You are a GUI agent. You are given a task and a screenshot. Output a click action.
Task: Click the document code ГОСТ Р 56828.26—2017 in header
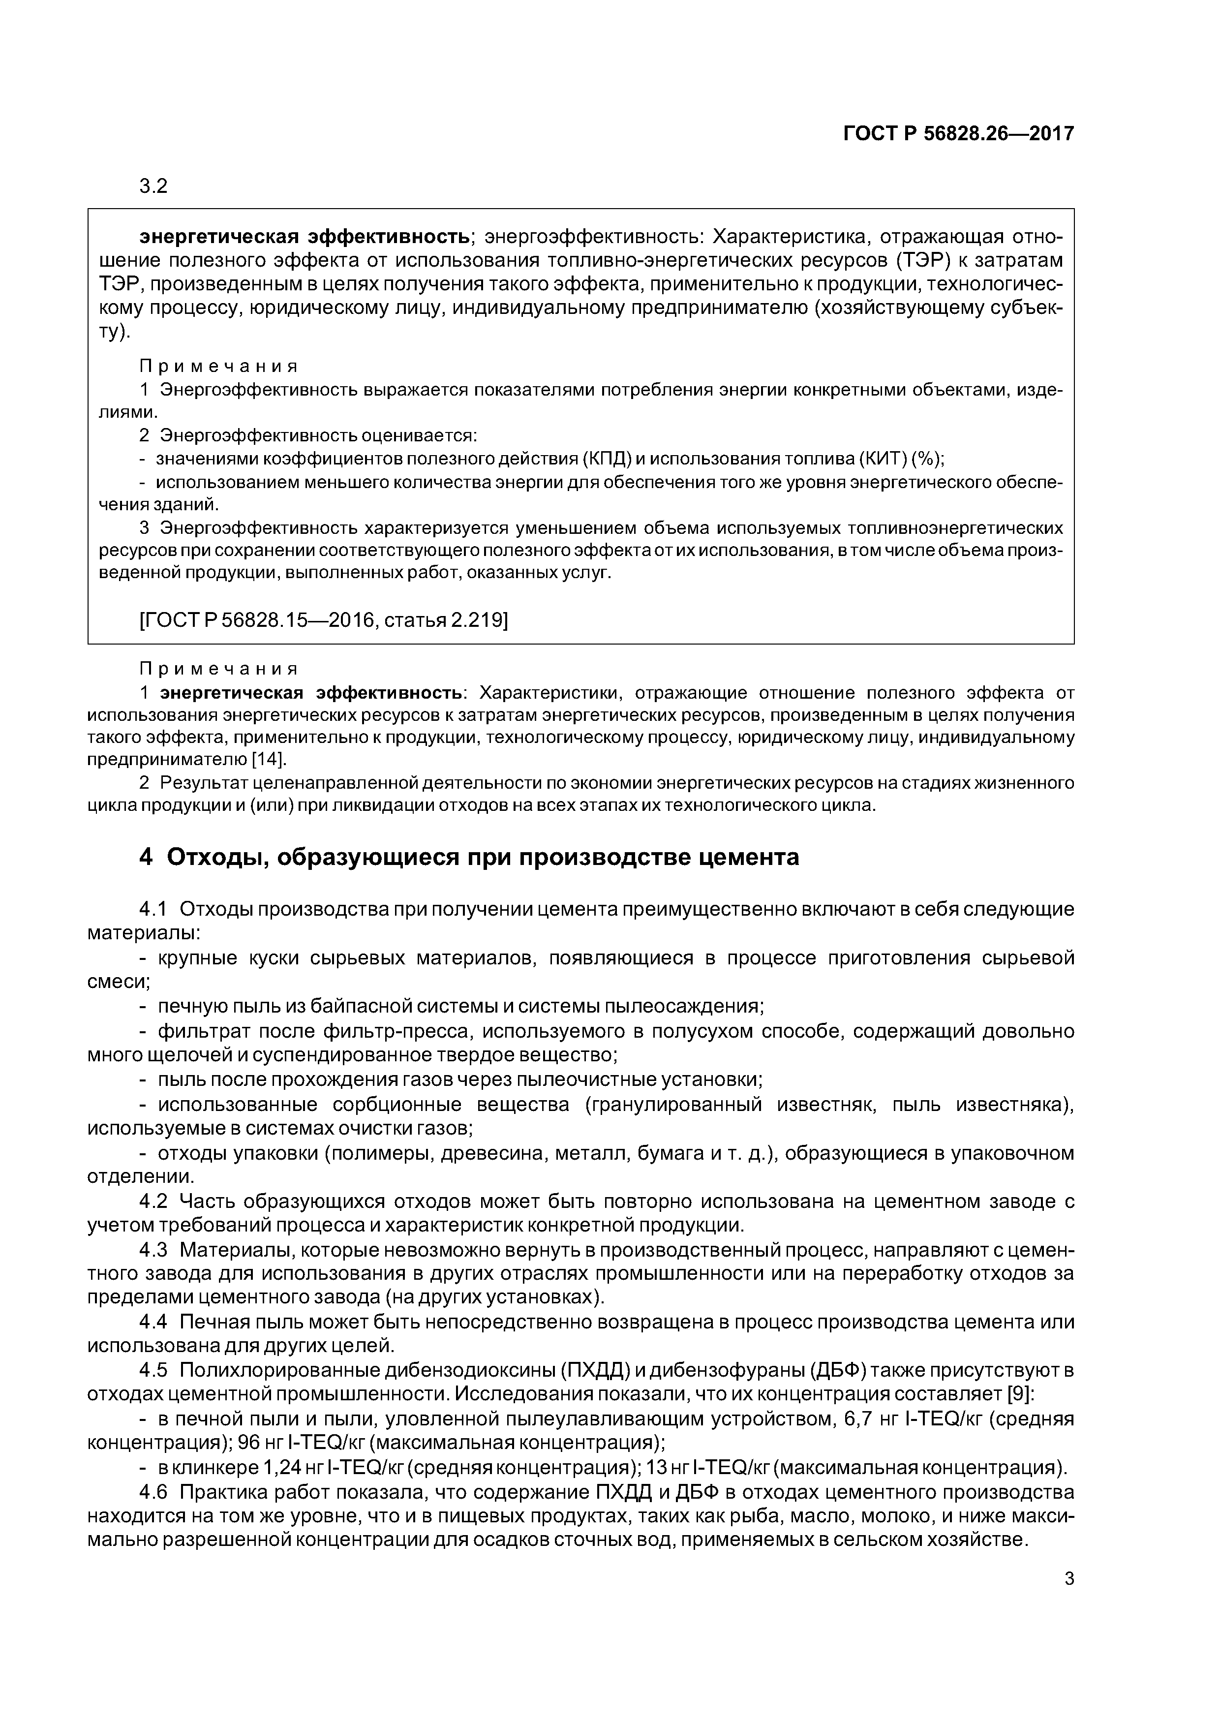pos(958,134)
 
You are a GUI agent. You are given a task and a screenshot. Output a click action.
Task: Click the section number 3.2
pos(153,186)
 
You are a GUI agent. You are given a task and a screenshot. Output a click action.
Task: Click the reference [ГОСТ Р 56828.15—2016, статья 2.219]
pos(323,620)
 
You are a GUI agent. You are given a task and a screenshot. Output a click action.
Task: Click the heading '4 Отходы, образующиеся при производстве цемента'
pos(469,857)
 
